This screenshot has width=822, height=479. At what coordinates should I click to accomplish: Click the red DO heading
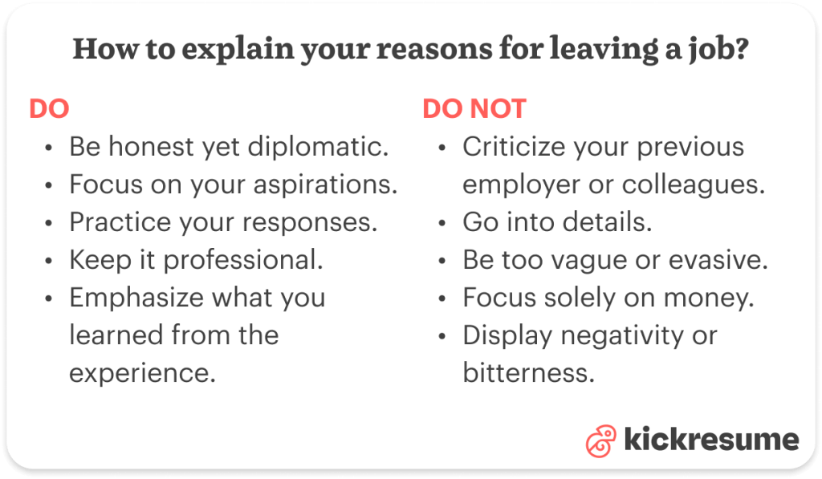[x=49, y=109]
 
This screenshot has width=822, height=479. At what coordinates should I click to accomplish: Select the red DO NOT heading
[x=474, y=109]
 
